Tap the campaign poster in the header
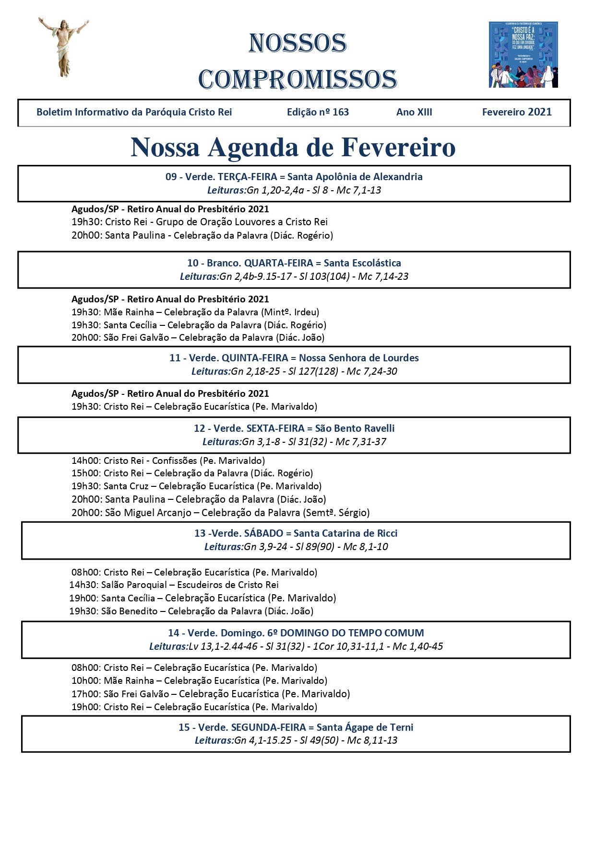(523, 55)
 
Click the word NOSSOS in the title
(297, 44)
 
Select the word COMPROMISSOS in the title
(297, 80)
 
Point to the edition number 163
(340, 112)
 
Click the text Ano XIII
(414, 112)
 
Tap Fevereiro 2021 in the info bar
(517, 112)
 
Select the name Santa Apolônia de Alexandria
(355, 177)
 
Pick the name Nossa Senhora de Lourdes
(358, 358)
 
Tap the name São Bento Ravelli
(355, 428)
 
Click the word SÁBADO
(263, 533)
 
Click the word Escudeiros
(201, 585)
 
